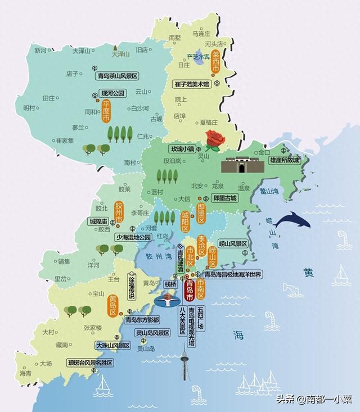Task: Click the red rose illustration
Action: coord(214,139)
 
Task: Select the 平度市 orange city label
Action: coord(106,111)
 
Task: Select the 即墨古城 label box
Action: coord(226,198)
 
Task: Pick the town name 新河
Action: coord(40,50)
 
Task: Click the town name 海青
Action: coord(25,373)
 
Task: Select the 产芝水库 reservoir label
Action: coord(198,57)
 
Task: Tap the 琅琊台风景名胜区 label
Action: coord(91,363)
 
